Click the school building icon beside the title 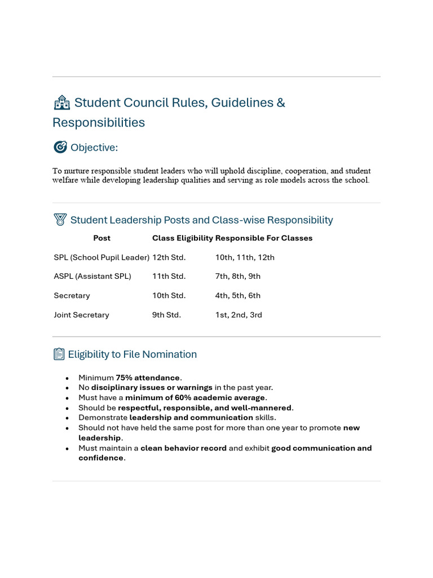pyautogui.click(x=61, y=103)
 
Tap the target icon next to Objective pyautogui.click(x=60, y=147)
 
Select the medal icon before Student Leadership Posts pyautogui.click(x=60, y=220)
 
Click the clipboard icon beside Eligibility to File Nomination pyautogui.click(x=59, y=354)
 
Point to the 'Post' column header pyautogui.click(x=101, y=238)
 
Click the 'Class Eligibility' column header pyautogui.click(x=182, y=238)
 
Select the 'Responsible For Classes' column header pyautogui.click(x=264, y=238)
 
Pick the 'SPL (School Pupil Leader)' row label pyautogui.click(x=101, y=257)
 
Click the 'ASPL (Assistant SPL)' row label pyautogui.click(x=92, y=277)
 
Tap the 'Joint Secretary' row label pyautogui.click(x=81, y=315)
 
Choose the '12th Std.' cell pyautogui.click(x=169, y=257)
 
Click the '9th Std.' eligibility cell pyautogui.click(x=166, y=315)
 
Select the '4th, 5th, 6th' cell pyautogui.click(x=237, y=296)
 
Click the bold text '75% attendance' pyautogui.click(x=148, y=378)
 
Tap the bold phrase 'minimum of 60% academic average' pyautogui.click(x=195, y=397)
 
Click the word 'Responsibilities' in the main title pyautogui.click(x=99, y=122)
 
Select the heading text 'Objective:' pyautogui.click(x=94, y=148)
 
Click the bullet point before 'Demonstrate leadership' pyautogui.click(x=68, y=418)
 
